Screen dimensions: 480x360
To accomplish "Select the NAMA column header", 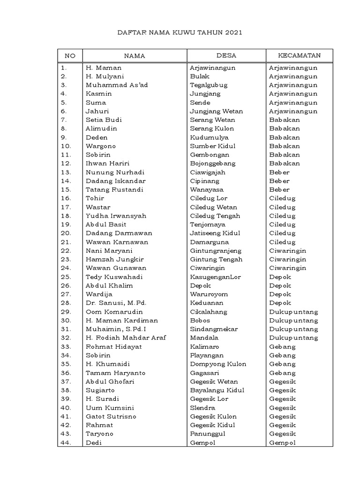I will pos(135,56).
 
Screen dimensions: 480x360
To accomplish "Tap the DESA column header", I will pos(226,56).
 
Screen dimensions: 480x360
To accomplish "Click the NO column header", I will pos(69,56).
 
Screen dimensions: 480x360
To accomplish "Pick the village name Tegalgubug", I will pos(209,85).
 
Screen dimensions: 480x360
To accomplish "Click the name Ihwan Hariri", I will pos(107,164).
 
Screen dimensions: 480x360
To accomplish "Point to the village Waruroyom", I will pos(209,294).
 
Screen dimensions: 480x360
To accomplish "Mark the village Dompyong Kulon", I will pos(218,364).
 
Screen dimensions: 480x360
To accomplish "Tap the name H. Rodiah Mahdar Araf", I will pos(126,337).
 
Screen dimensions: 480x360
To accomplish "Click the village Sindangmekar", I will pos(214,329).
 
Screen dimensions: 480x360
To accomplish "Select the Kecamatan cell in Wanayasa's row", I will pos(279,189).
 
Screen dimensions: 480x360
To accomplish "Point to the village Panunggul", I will pos(208,434).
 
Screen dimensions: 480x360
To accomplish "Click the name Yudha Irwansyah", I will pos(116,216).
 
